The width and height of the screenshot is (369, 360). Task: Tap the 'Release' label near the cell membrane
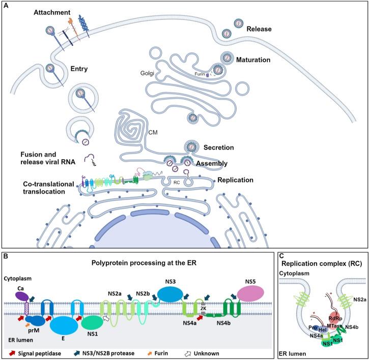tap(261, 28)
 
